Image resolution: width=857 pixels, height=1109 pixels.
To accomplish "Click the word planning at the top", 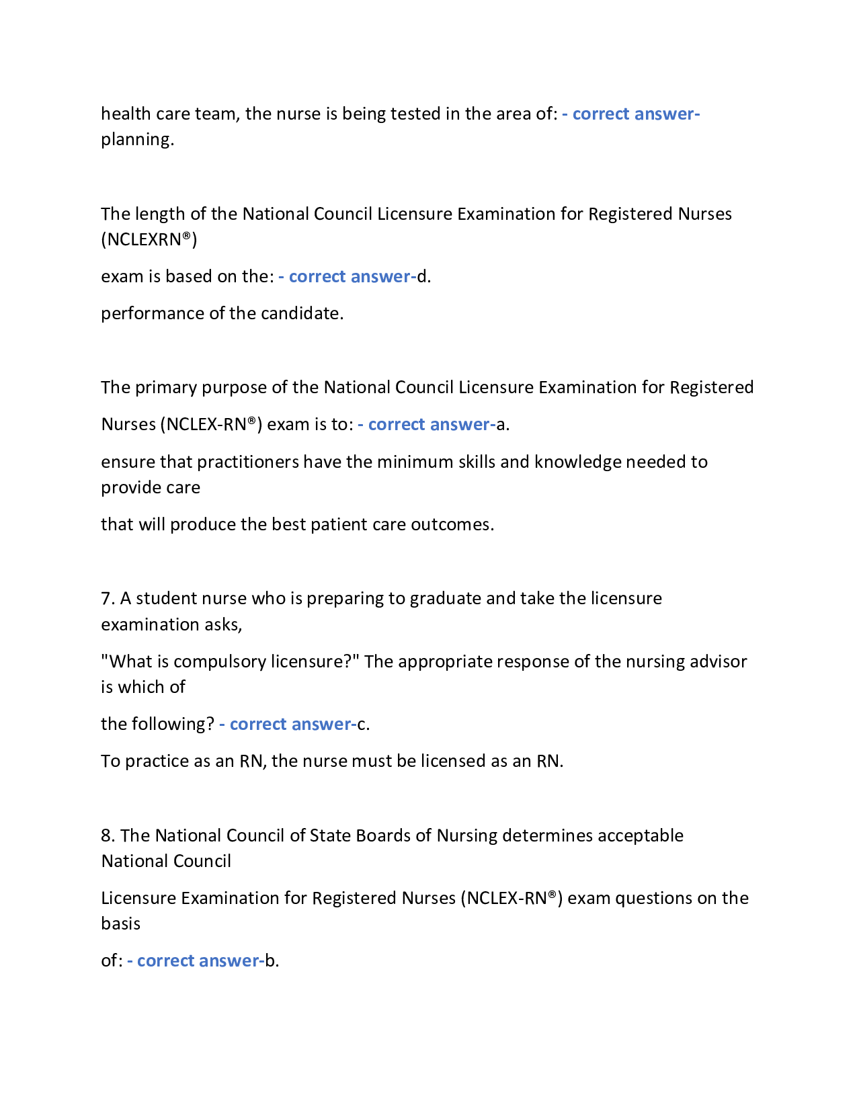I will point(136,140).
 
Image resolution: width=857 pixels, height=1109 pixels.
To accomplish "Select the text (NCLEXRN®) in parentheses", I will point(149,240).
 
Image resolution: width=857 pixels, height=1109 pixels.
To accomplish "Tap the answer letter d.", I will point(422,277).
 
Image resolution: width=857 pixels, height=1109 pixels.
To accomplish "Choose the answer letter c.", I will point(361,725).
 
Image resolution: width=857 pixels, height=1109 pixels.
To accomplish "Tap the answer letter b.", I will point(270,961).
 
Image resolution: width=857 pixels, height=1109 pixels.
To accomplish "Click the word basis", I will point(121,924).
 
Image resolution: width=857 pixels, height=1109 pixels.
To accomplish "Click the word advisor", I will point(720,662).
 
